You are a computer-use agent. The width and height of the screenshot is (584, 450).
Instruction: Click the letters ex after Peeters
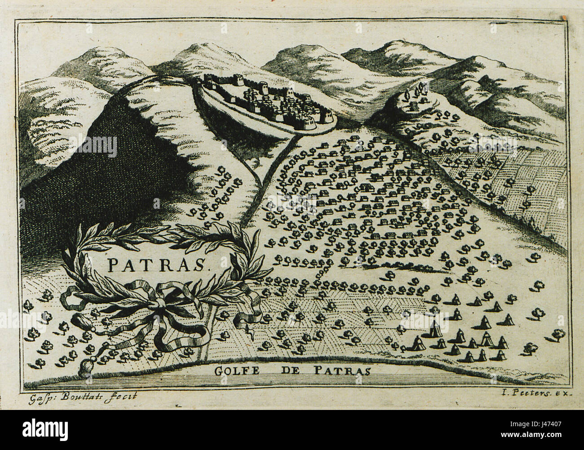point(563,393)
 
